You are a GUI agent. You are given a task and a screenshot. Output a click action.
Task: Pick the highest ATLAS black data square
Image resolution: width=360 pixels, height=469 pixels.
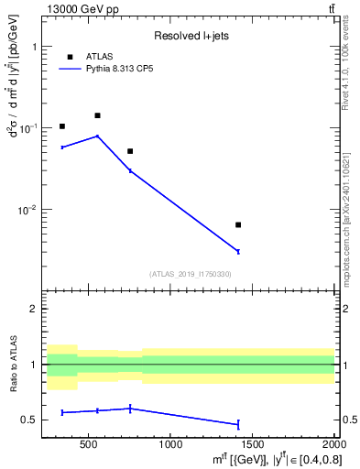click(x=97, y=115)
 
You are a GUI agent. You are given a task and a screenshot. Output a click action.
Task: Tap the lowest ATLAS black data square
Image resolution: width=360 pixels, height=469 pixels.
click(x=238, y=224)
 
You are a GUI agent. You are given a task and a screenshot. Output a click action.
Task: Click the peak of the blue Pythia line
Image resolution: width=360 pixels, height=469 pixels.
click(x=97, y=136)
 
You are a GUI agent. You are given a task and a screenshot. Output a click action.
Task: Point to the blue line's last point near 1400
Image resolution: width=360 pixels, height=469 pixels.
click(x=238, y=251)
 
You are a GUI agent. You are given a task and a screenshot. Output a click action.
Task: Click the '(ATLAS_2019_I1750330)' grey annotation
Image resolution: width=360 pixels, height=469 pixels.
click(x=190, y=274)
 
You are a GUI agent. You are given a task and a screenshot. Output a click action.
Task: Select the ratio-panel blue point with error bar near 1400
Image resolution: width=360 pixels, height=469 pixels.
click(x=238, y=424)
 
